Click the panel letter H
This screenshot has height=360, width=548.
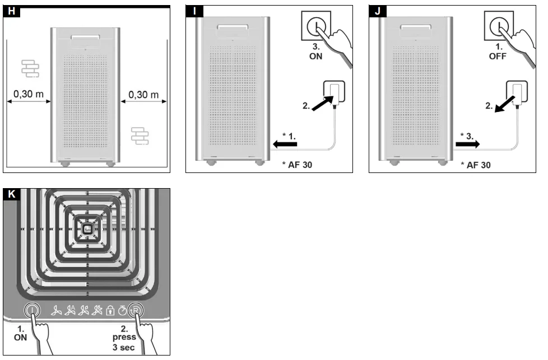tap(11, 11)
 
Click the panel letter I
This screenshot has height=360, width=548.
tap(194, 11)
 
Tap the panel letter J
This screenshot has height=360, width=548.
tap(378, 11)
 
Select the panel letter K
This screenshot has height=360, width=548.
tap(12, 194)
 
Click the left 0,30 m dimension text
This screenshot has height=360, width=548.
tap(29, 94)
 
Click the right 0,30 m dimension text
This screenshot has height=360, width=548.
tap(143, 95)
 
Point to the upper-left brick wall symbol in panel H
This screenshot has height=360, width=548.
tap(30, 68)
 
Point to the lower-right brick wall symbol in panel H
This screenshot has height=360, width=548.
tap(140, 136)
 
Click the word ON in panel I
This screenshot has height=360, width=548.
tap(316, 56)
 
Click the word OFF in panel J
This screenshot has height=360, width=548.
tap(498, 56)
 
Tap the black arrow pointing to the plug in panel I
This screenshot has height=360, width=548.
tap(322, 104)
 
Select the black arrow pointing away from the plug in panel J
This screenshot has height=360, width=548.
tap(505, 104)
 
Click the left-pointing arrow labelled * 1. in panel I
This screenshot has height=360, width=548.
tap(285, 144)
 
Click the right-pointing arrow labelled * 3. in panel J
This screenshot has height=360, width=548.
tap(468, 144)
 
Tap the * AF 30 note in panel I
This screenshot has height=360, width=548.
tap(297, 165)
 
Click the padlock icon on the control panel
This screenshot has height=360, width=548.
tap(110, 310)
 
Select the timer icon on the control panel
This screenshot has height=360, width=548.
tap(122, 310)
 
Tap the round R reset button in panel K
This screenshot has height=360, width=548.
tap(136, 310)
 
